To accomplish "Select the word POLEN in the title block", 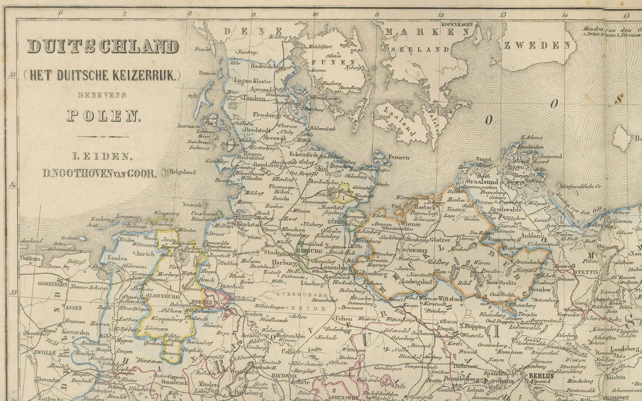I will coord(104,116).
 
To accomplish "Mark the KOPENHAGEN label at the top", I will coord(457,24).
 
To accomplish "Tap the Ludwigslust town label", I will coord(417,282).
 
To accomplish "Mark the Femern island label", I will coord(399,157).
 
